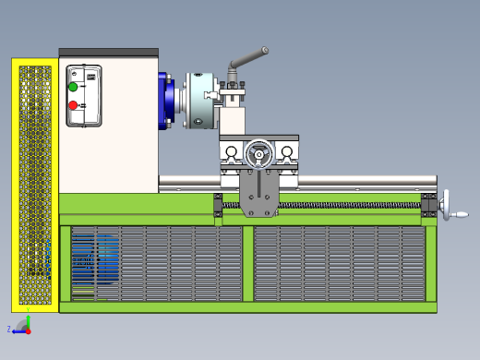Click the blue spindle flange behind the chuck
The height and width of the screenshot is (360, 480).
[166, 101]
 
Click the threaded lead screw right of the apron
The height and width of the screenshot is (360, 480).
[351, 204]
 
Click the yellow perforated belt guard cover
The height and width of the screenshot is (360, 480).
[35, 185]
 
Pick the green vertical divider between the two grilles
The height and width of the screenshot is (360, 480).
[247, 263]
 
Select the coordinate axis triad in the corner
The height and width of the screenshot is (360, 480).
[22, 325]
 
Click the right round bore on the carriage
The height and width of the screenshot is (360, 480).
[287, 151]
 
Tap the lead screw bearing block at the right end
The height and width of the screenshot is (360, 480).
[428, 206]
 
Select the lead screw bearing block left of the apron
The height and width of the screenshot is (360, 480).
[219, 206]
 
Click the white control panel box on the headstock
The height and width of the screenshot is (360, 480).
[84, 96]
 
